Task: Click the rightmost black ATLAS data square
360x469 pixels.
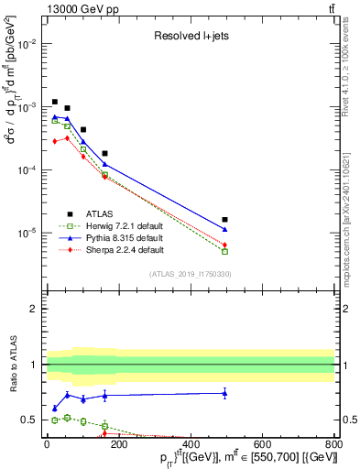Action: (x=224, y=220)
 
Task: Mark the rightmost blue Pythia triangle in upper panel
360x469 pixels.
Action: (x=224, y=229)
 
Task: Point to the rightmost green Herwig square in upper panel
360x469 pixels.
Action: (x=224, y=251)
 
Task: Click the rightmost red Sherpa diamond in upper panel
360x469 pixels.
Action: (x=224, y=245)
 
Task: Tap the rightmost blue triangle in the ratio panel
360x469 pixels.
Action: (x=224, y=393)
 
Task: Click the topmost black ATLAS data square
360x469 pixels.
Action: (x=55, y=102)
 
